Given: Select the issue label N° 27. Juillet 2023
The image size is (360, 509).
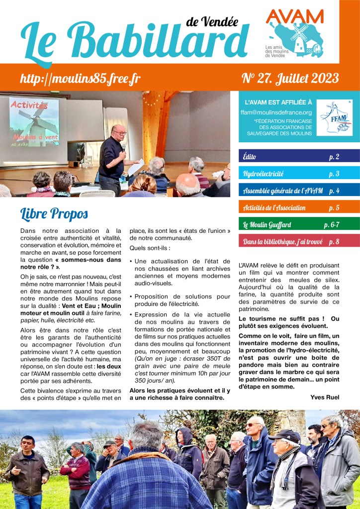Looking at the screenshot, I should [x=290, y=78].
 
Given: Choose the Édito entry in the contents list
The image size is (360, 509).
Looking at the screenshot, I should [x=299, y=156].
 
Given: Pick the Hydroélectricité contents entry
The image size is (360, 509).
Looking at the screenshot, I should [x=299, y=174].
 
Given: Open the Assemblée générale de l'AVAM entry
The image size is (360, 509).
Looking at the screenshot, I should [x=299, y=191].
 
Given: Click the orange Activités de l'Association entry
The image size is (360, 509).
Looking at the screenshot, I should [x=299, y=207].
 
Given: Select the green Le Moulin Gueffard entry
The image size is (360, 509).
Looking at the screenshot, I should [x=299, y=224].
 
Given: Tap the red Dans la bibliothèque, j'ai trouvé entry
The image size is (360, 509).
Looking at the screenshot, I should [x=299, y=242].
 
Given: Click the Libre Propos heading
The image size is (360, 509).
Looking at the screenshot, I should [x=54, y=213].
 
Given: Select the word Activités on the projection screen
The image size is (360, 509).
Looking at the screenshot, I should [x=29, y=105].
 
